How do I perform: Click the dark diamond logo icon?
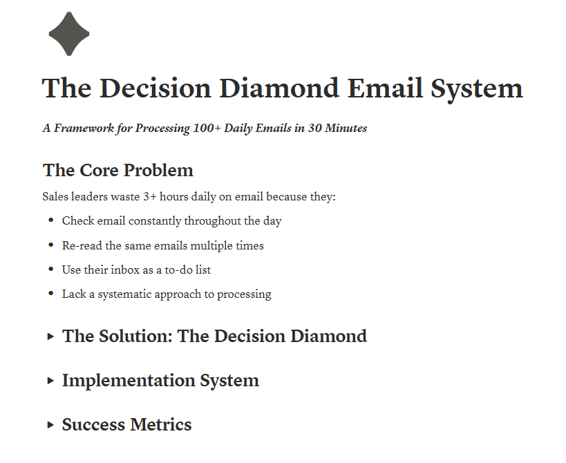(69, 34)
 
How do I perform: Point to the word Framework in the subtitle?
(84, 128)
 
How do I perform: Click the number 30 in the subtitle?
(314, 128)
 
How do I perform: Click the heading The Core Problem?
(118, 170)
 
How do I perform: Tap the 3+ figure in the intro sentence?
(150, 197)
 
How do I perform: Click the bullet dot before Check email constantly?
(51, 220)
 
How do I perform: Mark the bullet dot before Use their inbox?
(51, 270)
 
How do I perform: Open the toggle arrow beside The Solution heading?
(50, 337)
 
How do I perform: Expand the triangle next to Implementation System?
(50, 381)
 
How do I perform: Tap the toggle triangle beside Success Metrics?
(50, 425)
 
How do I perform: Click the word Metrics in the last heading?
(161, 425)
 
